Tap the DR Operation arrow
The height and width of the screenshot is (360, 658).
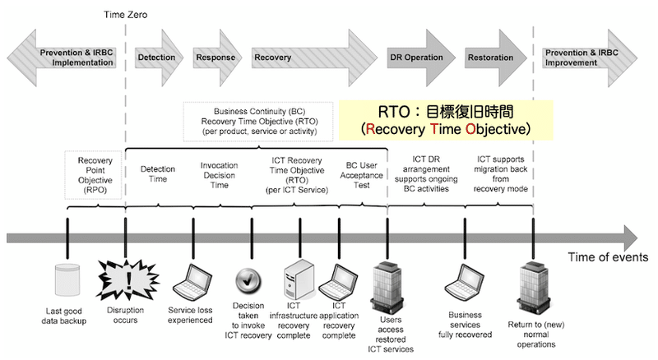point(418,58)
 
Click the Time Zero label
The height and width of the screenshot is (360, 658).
point(125,15)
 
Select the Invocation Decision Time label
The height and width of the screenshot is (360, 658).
point(219,175)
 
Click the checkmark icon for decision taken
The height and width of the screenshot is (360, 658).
point(248,280)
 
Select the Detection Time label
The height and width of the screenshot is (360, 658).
point(157,175)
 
